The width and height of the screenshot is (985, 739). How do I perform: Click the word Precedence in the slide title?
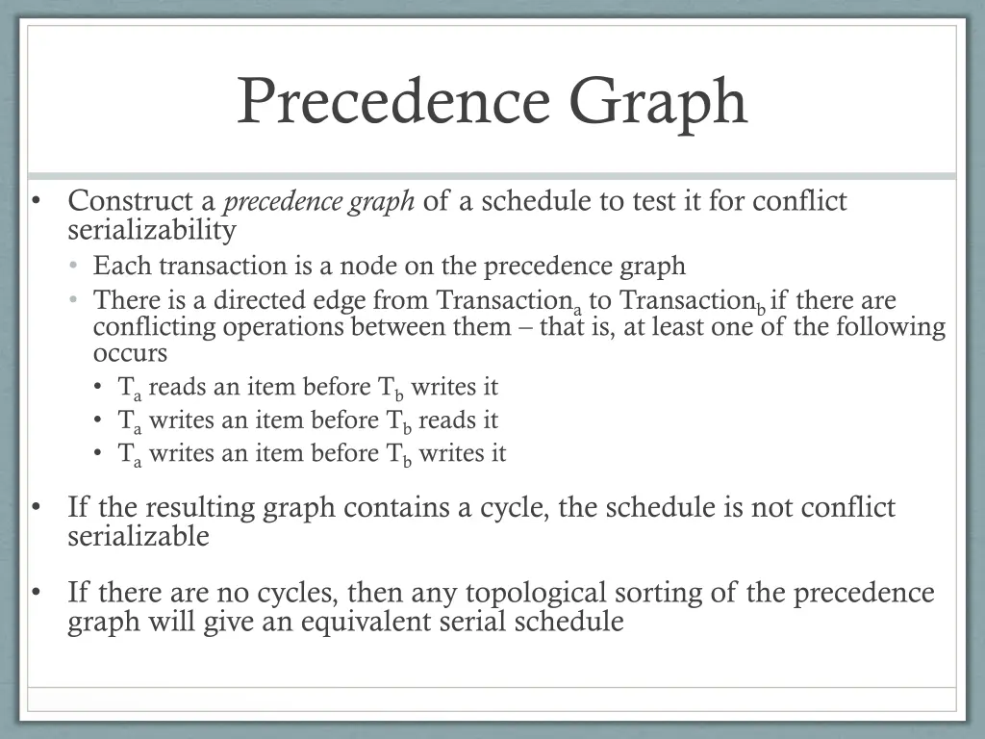394,100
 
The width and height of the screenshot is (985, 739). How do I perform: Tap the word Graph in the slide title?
657,102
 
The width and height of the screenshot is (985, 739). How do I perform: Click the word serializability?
152,230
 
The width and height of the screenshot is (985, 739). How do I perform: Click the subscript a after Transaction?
577,309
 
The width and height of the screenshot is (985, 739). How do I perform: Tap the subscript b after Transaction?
760,309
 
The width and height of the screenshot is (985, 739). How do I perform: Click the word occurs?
130,353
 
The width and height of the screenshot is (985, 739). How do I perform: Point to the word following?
890,327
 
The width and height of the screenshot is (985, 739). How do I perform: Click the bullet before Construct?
35,202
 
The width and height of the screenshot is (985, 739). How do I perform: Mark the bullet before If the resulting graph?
35,507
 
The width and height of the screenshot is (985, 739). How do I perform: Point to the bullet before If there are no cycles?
35,592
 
